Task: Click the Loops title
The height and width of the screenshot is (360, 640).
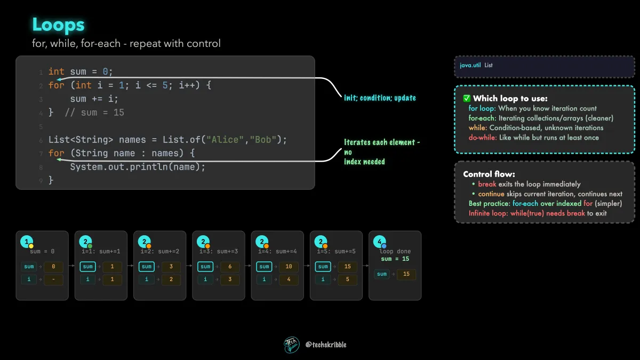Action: (58, 25)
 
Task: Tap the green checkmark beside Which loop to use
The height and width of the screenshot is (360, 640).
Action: (467, 98)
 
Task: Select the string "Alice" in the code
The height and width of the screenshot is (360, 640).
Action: (225, 140)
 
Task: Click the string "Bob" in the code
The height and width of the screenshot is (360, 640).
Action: (263, 140)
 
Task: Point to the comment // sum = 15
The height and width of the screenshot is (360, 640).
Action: (94, 113)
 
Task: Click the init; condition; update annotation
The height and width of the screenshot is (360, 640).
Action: (380, 98)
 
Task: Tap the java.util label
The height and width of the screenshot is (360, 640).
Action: (470, 65)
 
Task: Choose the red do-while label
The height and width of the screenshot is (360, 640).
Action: (483, 138)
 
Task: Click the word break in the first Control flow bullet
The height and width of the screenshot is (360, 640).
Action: (487, 184)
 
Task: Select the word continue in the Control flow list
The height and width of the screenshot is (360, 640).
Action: (491, 194)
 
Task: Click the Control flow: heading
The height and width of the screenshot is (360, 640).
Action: (489, 174)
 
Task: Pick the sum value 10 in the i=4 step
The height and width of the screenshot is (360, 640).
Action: (289, 266)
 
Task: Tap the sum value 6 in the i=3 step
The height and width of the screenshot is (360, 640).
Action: (230, 266)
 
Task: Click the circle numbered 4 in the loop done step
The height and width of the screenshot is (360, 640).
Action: (379, 242)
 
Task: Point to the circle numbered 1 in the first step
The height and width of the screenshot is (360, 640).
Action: (27, 242)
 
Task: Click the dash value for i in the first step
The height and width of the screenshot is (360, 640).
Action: (53, 279)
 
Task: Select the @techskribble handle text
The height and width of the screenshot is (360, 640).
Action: (326, 345)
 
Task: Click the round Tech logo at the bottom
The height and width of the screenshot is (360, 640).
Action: (291, 345)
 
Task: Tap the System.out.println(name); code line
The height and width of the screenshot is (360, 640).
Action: (138, 167)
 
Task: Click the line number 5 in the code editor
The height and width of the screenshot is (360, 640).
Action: (41, 126)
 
